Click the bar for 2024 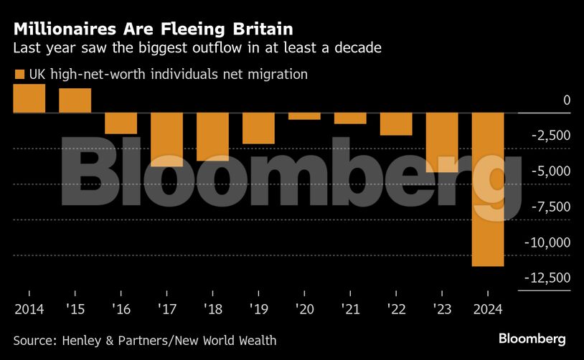tap(487, 189)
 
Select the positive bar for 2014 tap(29, 99)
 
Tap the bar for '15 tap(75, 101)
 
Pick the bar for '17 tap(166, 140)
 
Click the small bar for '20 tap(304, 116)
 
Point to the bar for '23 tap(441, 142)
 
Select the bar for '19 tap(258, 128)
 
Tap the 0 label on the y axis tap(566, 100)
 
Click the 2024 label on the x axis tap(487, 309)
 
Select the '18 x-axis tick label tap(212, 309)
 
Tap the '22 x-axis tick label tap(396, 309)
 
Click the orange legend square tap(19, 74)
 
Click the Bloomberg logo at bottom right tap(532, 338)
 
